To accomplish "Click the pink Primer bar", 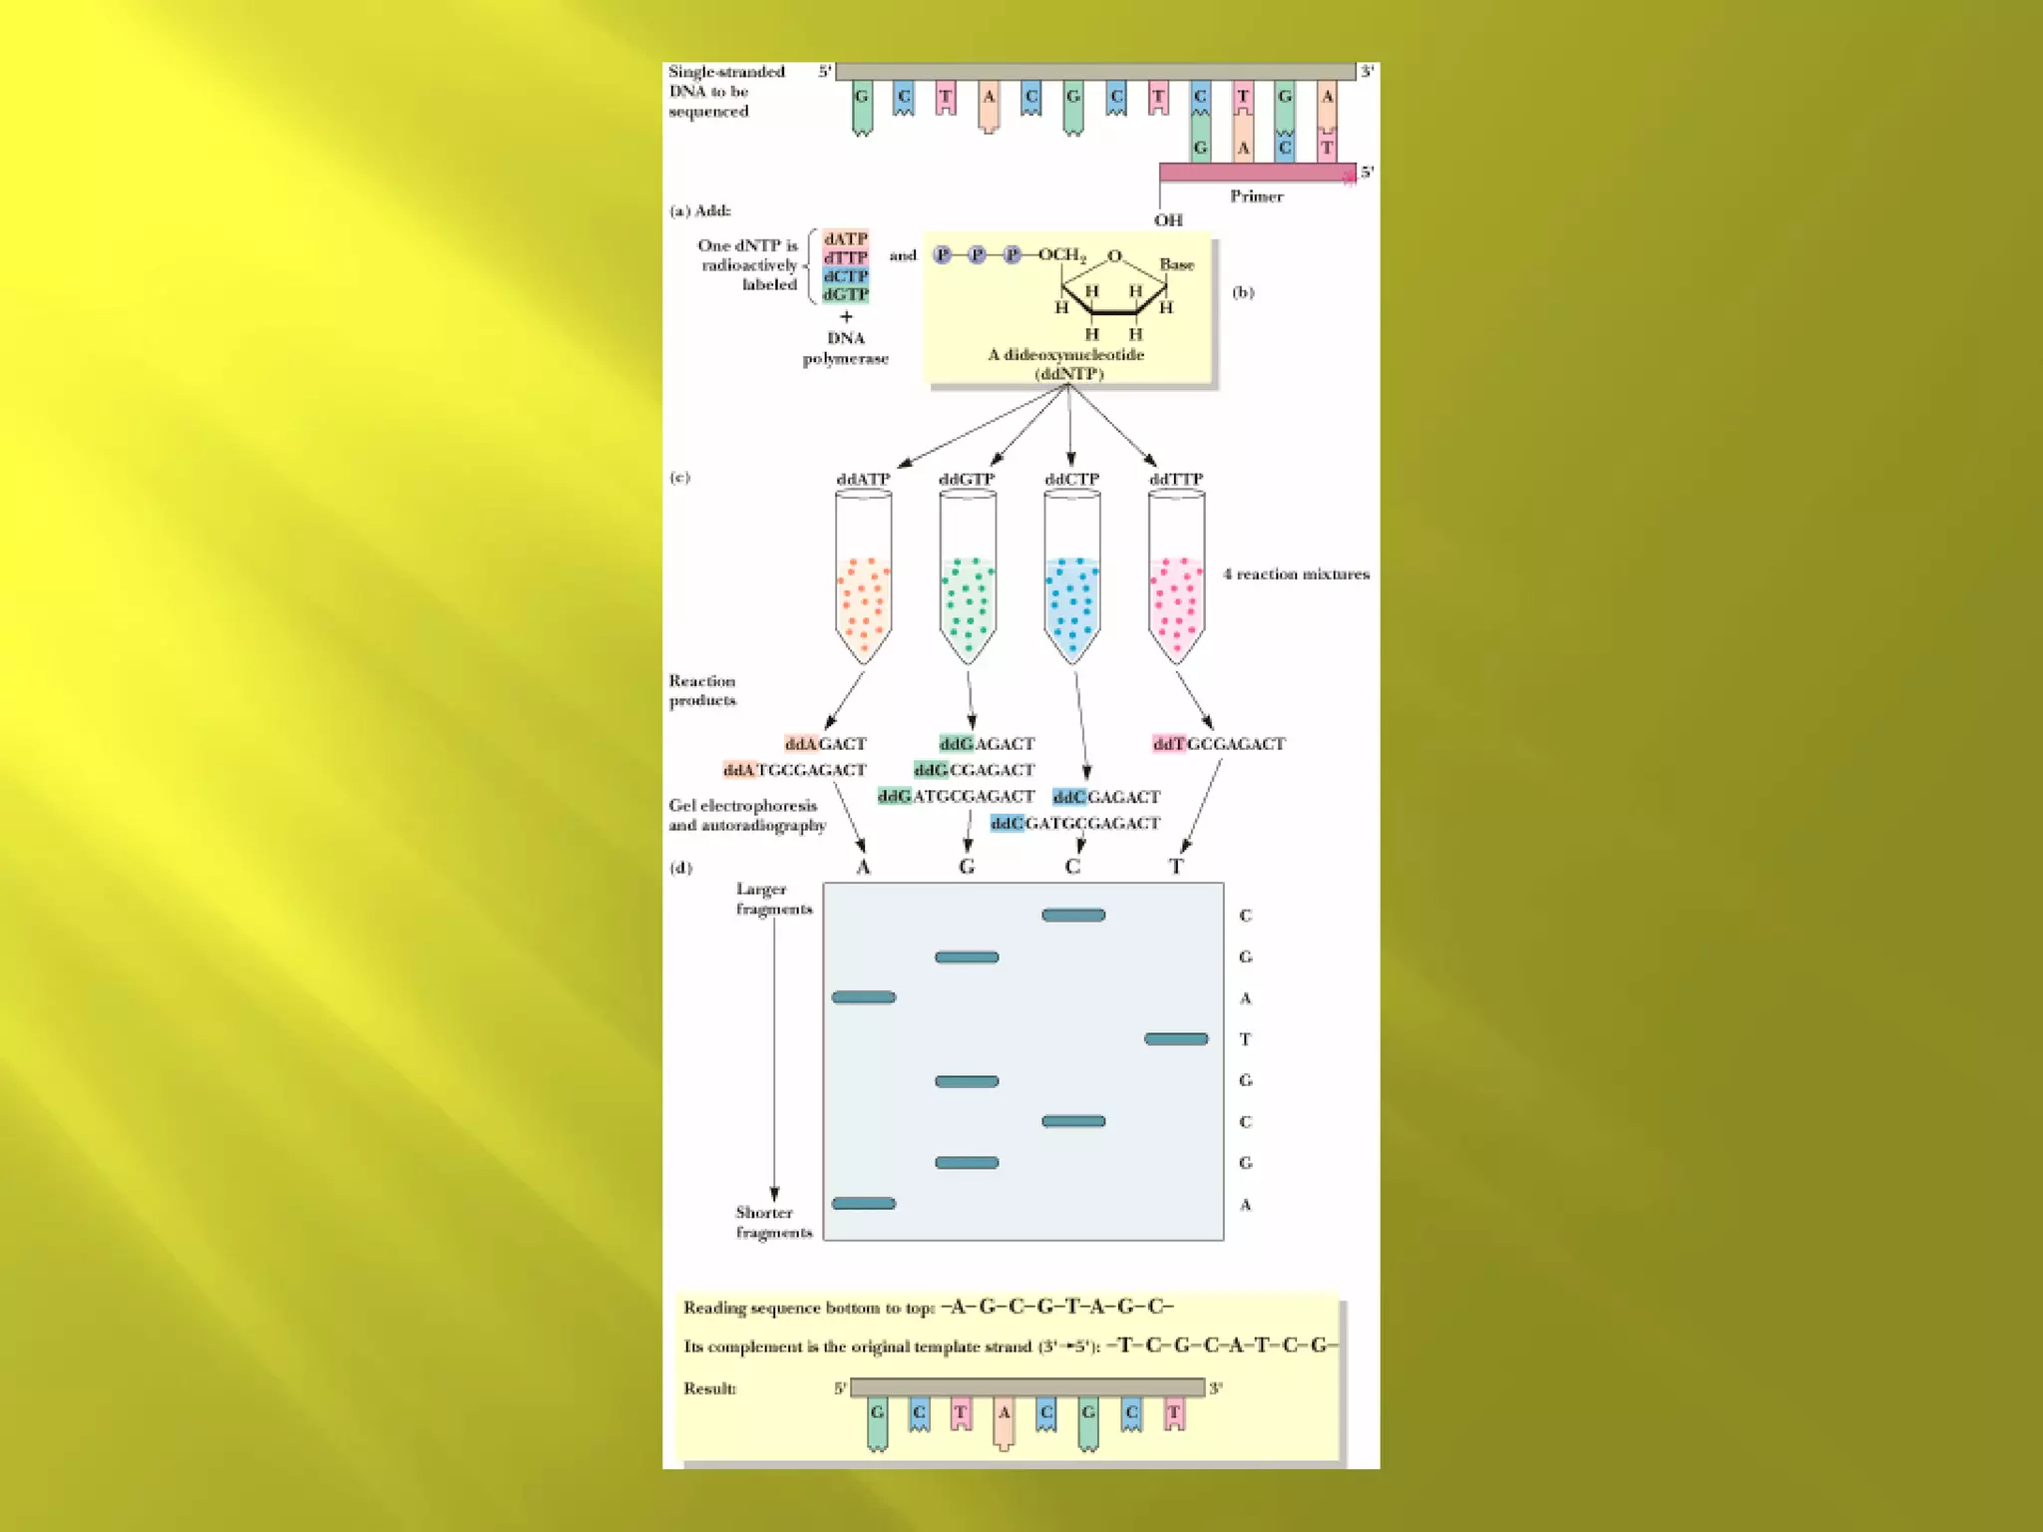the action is [1257, 174].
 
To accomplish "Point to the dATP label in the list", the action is [845, 239].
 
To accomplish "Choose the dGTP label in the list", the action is [845, 295].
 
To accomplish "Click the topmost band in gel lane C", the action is [1073, 916].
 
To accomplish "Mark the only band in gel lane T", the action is [1176, 1039].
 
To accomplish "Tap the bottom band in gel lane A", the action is [864, 1204].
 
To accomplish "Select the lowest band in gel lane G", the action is [967, 1163].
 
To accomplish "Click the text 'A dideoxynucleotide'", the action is [1065, 355].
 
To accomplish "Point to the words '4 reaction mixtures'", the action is [1296, 574].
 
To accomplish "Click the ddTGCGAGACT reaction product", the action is [1218, 744].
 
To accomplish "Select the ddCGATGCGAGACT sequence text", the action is [1074, 824].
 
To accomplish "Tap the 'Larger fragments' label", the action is [774, 899].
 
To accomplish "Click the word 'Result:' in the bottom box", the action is [709, 1388].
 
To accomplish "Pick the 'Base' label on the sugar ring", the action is [1176, 265].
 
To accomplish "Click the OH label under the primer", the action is [1168, 220].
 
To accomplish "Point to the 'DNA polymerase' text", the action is [845, 348].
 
